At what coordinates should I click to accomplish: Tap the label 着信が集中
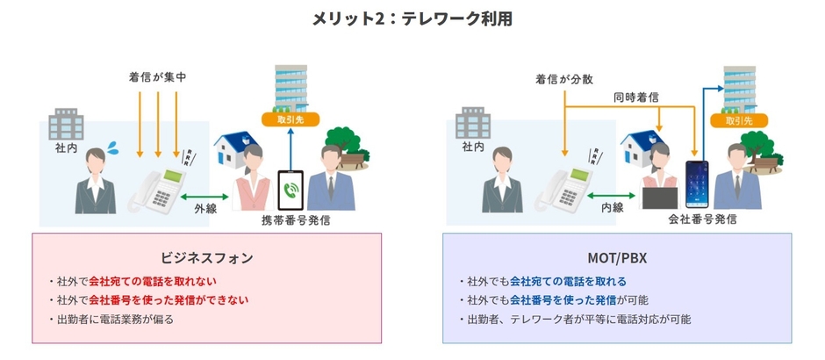(x=157, y=78)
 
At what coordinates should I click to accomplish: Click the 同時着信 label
(x=637, y=98)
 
